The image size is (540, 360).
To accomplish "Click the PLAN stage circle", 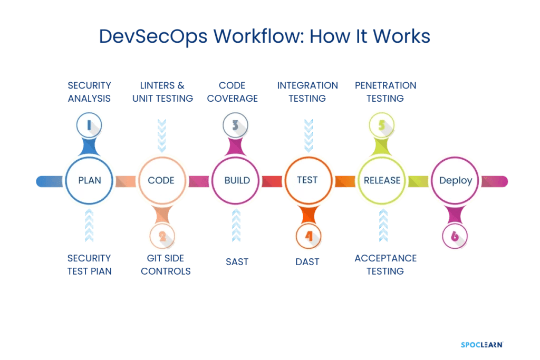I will (x=89, y=180).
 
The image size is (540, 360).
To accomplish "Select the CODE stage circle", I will (x=161, y=180).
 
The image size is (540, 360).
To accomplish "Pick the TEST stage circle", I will (x=307, y=180).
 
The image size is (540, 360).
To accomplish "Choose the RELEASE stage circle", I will (x=382, y=180).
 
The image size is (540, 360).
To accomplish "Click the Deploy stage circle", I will (x=456, y=180).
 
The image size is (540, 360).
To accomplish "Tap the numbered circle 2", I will (x=162, y=237).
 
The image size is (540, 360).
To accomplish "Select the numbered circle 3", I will (x=236, y=124).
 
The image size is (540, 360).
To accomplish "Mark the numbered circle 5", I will (x=382, y=124).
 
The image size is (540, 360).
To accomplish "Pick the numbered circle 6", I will (x=455, y=237).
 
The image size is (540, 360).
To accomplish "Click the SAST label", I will (x=237, y=261).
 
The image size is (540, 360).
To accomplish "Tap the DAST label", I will (x=307, y=261).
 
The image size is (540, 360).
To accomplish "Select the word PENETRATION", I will (x=385, y=85).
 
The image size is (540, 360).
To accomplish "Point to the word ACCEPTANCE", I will (x=385, y=258).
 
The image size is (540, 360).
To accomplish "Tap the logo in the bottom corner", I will (x=481, y=345).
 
